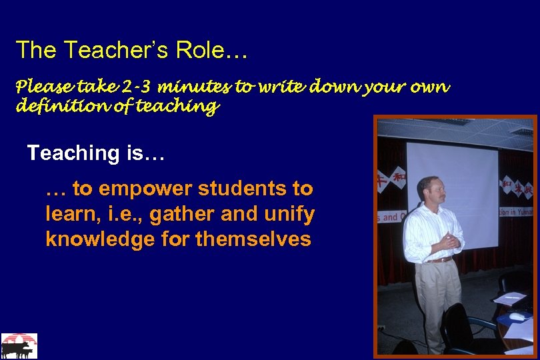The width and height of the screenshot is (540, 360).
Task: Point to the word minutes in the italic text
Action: coord(195,87)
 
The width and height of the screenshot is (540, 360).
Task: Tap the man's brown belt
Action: coord(440,260)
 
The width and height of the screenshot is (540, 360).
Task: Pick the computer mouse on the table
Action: coord(517,316)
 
